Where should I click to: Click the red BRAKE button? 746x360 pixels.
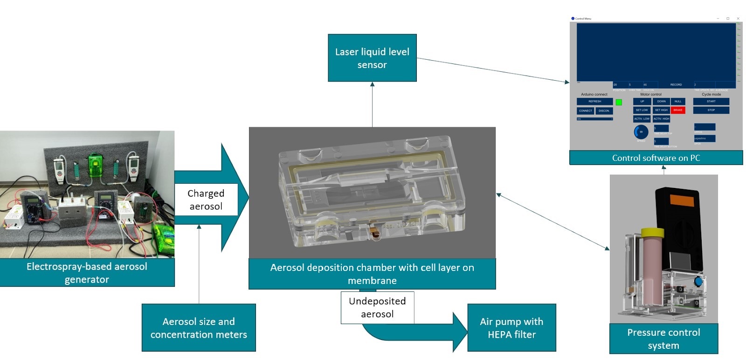click(x=678, y=110)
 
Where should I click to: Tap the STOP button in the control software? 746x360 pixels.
click(x=711, y=110)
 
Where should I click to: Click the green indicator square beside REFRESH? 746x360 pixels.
click(x=619, y=102)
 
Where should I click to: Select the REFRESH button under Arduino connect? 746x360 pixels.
click(x=594, y=101)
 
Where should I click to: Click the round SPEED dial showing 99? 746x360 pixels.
click(x=641, y=132)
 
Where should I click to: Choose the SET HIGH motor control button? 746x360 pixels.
click(x=661, y=110)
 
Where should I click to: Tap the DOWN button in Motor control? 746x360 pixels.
click(x=661, y=101)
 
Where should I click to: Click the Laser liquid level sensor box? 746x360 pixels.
click(x=372, y=58)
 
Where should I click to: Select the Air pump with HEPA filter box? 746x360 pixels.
click(x=511, y=327)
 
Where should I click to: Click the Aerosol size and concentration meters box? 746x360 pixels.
click(x=199, y=327)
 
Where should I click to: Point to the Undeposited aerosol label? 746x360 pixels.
click(x=377, y=307)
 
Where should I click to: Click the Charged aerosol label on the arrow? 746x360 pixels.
click(x=206, y=200)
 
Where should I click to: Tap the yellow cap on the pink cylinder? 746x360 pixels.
click(x=652, y=232)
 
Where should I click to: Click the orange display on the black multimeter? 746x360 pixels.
click(x=682, y=200)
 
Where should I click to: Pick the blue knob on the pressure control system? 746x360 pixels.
click(x=698, y=281)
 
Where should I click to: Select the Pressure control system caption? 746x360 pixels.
click(x=663, y=339)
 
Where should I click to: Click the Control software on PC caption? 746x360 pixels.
click(x=656, y=158)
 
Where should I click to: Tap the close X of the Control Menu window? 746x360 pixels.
click(x=738, y=19)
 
